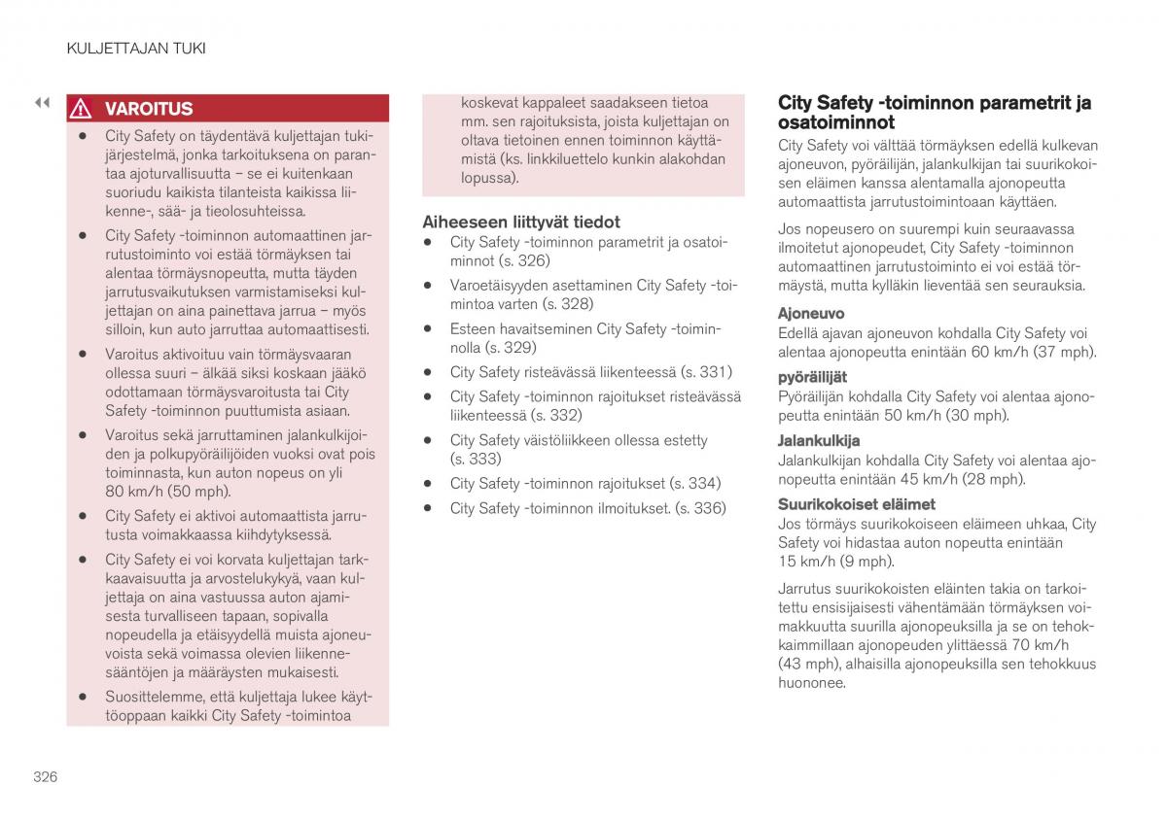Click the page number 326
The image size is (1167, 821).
[45, 776]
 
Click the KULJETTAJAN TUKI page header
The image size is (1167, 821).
[135, 48]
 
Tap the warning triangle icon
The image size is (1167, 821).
[83, 109]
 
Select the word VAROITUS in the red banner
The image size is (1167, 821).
[149, 109]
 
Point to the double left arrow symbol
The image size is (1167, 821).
[42, 102]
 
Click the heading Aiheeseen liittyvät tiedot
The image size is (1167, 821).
[520, 222]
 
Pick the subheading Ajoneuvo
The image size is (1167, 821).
[811, 314]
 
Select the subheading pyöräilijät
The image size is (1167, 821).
[812, 377]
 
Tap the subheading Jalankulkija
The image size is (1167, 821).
[818, 440]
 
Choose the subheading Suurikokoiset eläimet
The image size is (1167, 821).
[856, 504]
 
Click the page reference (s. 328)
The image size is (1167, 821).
[567, 304]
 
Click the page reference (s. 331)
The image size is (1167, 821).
[706, 372]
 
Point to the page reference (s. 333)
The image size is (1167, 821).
[476, 459]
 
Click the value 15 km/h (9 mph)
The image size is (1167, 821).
[835, 562]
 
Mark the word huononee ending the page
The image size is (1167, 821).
[811, 683]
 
